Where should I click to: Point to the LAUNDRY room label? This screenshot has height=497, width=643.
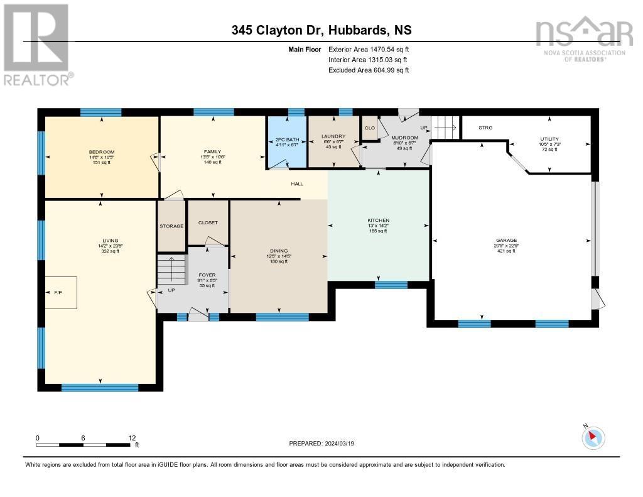click(x=333, y=136)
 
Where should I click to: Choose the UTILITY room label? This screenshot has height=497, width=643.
click(x=549, y=139)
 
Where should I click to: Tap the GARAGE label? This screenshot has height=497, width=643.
click(x=506, y=240)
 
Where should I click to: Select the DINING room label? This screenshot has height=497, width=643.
click(x=278, y=251)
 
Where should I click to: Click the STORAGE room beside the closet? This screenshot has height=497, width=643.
click(x=171, y=226)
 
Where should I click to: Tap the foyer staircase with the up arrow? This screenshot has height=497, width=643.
click(x=171, y=271)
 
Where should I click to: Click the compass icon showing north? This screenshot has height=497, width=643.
click(x=593, y=437)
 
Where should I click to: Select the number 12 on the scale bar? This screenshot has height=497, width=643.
click(x=132, y=437)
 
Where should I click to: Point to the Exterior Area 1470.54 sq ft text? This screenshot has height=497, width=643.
click(x=369, y=49)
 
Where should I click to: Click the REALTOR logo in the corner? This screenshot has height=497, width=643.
click(x=37, y=44)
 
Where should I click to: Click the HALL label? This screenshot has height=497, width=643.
click(x=296, y=184)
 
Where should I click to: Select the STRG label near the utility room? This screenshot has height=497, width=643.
click(x=485, y=128)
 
